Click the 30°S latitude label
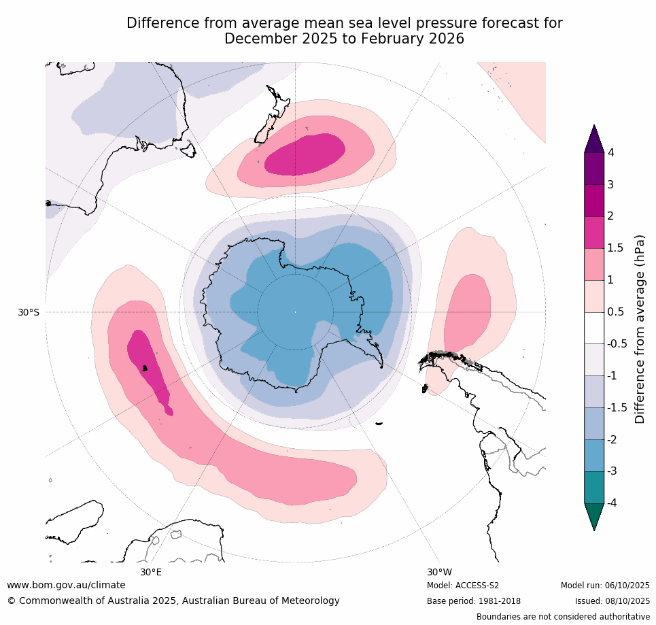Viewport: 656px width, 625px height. tap(29, 312)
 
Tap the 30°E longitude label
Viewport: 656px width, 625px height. tap(151, 572)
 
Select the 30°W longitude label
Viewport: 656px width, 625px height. tap(439, 572)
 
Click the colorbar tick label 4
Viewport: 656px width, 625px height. tap(611, 153)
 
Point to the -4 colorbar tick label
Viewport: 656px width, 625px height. tap(613, 503)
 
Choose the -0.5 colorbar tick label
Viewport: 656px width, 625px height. tap(617, 344)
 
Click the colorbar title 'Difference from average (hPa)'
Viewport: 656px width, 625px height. tap(640, 329)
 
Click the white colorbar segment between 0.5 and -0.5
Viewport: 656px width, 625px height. tap(594, 328)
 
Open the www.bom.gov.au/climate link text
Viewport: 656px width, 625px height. tap(66, 585)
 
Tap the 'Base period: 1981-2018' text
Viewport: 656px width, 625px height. tap(474, 601)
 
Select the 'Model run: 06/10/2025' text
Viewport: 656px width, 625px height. tap(605, 586)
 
